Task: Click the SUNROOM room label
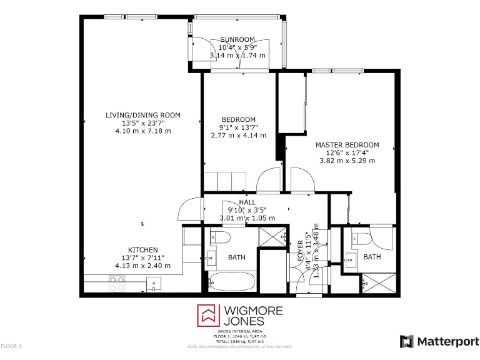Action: click(237, 39)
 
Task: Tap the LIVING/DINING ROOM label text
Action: click(142, 115)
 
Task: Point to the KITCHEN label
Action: click(142, 250)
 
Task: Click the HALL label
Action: click(247, 202)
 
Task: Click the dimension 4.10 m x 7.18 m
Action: click(142, 131)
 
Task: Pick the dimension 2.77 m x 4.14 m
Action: click(238, 135)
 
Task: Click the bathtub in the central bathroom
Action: click(231, 281)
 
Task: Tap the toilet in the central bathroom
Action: click(220, 237)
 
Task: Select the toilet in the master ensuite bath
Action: click(361, 239)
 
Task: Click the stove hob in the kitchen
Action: click(117, 284)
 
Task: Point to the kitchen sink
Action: click(153, 284)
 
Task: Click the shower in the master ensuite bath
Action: click(379, 282)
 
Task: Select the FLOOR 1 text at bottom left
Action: click(11, 346)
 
